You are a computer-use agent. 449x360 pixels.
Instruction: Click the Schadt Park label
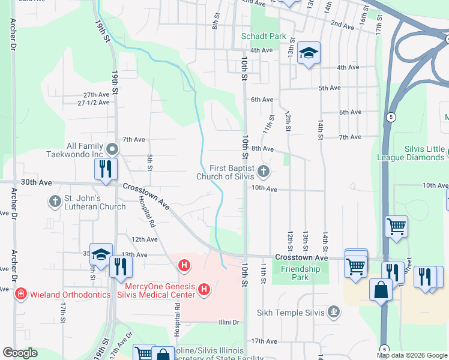(264, 36)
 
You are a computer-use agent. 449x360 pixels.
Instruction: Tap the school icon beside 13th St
(309, 54)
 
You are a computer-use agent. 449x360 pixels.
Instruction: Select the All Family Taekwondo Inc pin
(112, 149)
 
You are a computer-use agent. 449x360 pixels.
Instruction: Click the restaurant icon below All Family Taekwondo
(106, 169)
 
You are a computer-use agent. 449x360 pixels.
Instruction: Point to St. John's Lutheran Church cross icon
(55, 200)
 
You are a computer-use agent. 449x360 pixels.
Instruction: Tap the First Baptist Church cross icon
(262, 173)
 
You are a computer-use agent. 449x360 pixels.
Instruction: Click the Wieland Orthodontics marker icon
(20, 294)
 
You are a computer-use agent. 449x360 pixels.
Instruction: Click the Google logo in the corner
(20, 353)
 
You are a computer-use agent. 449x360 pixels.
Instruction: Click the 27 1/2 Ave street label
(94, 103)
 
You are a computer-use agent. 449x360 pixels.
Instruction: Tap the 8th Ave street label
(262, 148)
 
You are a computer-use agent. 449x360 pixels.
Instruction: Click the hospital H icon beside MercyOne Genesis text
(204, 289)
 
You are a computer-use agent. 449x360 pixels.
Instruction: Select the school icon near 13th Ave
(101, 254)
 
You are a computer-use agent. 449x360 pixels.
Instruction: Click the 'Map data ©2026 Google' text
(411, 355)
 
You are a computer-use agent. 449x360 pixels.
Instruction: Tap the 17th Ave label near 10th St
(264, 341)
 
